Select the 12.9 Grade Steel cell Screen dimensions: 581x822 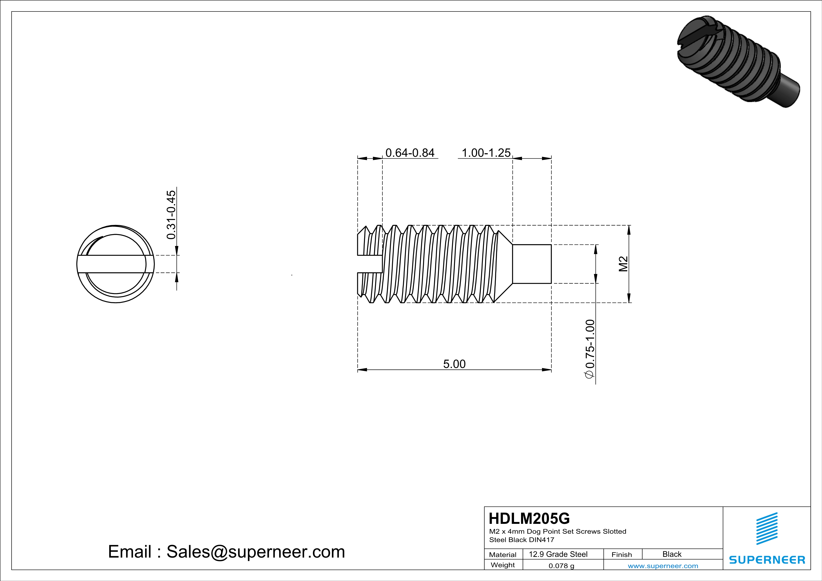(558, 554)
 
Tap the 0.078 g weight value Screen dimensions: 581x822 (561, 566)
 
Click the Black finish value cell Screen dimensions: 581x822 (672, 554)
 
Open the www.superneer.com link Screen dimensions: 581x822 (663, 566)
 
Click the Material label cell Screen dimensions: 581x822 (503, 555)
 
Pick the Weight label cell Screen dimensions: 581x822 (503, 565)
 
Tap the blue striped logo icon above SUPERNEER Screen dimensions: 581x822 (767, 529)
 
